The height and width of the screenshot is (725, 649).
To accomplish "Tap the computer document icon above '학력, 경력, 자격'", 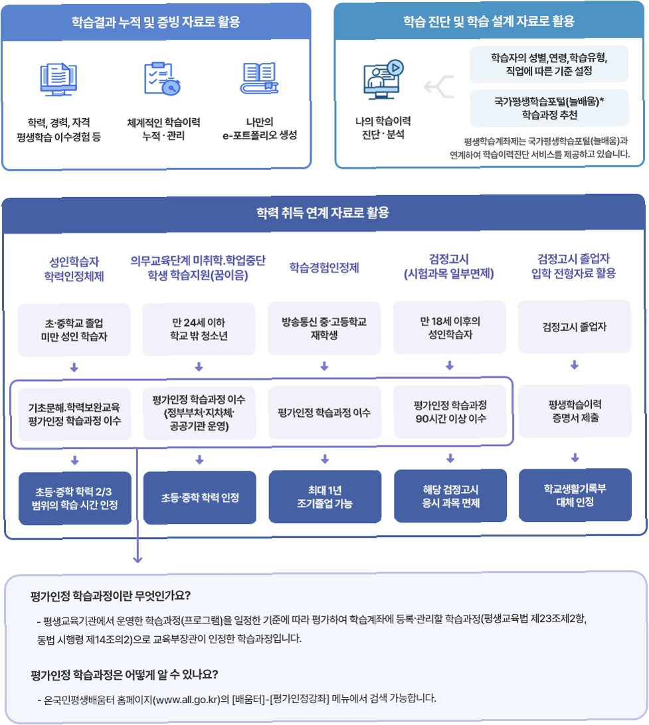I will [60, 80].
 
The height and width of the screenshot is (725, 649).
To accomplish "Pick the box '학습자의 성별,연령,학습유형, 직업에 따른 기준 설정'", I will [549, 64].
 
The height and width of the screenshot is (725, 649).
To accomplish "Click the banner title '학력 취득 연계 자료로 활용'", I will [323, 213].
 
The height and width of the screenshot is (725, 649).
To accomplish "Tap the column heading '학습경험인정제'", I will [324, 268].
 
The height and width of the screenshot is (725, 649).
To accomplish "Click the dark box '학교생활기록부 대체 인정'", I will [575, 495].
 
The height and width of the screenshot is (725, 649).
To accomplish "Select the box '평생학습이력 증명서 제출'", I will [574, 411].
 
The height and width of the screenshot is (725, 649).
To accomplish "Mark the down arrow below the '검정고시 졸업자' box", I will [575, 365].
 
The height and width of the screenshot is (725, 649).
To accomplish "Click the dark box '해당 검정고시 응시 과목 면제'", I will [450, 496].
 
